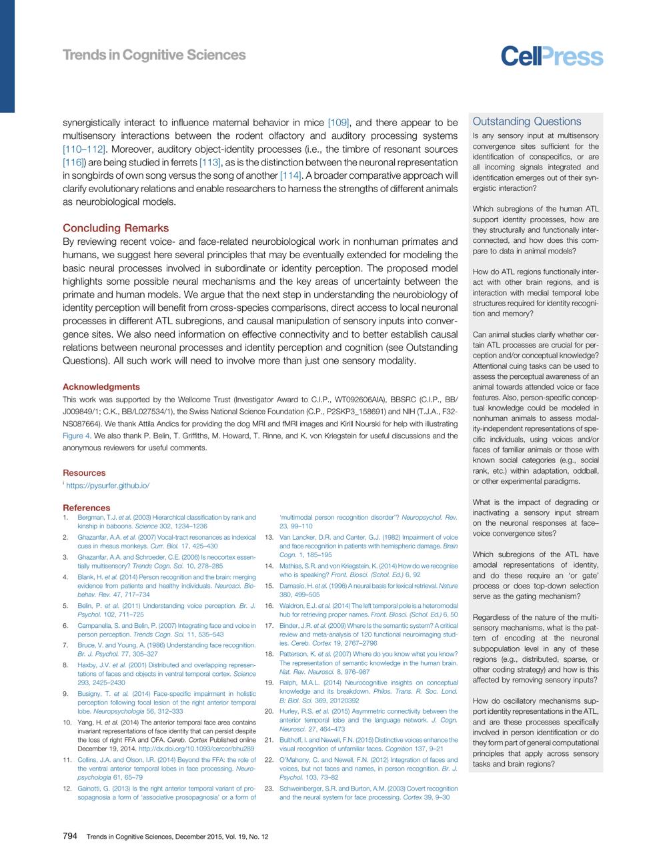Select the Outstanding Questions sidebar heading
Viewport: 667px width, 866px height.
527,121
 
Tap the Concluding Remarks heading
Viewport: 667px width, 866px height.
115,228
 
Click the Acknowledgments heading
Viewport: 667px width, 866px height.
101,387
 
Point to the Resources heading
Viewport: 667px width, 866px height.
84,473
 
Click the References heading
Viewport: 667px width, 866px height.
87,508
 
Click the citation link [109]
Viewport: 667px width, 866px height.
340,123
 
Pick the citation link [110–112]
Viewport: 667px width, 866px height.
84,149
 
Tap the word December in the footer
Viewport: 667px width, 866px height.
191,835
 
